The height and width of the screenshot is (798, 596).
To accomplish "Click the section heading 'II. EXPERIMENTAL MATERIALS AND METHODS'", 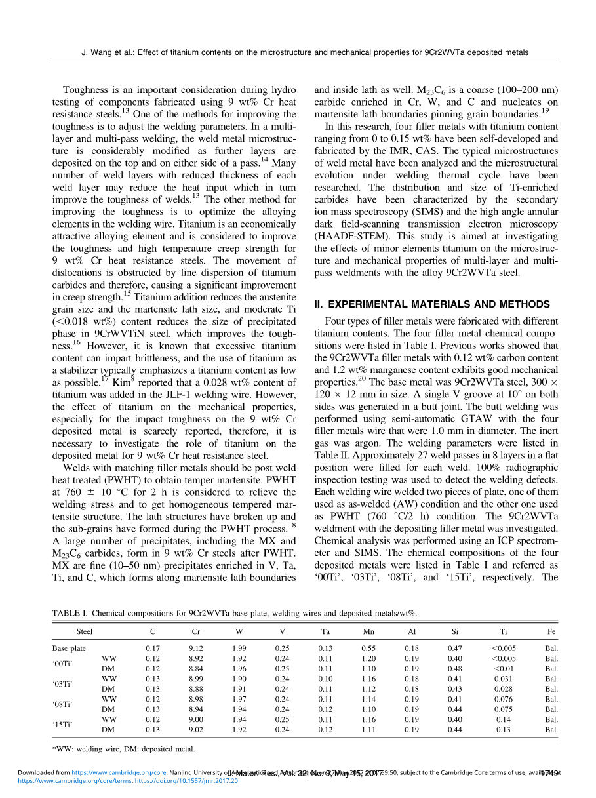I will (x=432, y=304).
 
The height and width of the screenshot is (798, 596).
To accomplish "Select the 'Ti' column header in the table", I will (x=503, y=631).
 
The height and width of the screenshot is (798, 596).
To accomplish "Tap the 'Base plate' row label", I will (x=69, y=648).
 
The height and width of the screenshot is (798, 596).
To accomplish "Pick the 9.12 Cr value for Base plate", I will (x=195, y=648).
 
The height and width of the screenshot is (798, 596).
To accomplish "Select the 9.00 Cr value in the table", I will (x=195, y=719).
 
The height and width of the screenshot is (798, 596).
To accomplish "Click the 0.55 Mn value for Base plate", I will (x=368, y=648).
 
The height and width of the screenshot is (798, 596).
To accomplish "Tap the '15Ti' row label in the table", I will (x=62, y=725).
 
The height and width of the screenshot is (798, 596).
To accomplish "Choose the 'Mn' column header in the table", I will (x=368, y=631).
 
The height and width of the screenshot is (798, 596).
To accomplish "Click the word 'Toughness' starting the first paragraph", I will (x=84, y=90).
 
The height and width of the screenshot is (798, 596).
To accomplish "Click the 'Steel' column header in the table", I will (x=85, y=631).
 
